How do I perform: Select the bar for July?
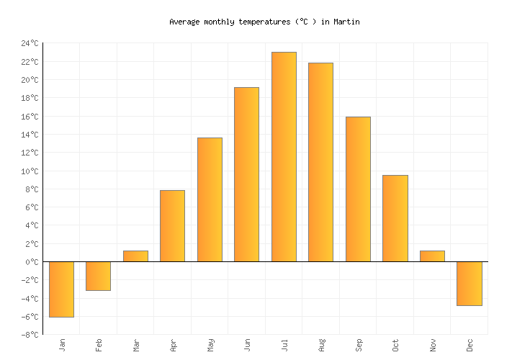coord(284,156)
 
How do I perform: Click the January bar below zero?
coord(61,289)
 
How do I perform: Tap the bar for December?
coord(469,283)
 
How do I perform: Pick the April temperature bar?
coord(172,225)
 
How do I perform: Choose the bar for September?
coord(358,189)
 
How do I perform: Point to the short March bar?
coord(135,256)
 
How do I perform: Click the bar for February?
coord(98,276)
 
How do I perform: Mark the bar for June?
coord(246,174)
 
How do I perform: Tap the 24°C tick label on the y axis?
coord(29,43)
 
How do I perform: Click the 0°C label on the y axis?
coord(31,262)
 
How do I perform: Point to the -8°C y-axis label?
coord(29,335)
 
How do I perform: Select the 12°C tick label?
coord(29,153)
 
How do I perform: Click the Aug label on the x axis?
coord(321,345)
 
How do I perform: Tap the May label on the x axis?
coord(210,345)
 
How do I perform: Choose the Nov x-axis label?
coord(433,345)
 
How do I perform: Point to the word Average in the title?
coord(184,22)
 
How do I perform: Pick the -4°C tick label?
coord(29,299)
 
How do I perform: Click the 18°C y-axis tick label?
coord(29,98)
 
